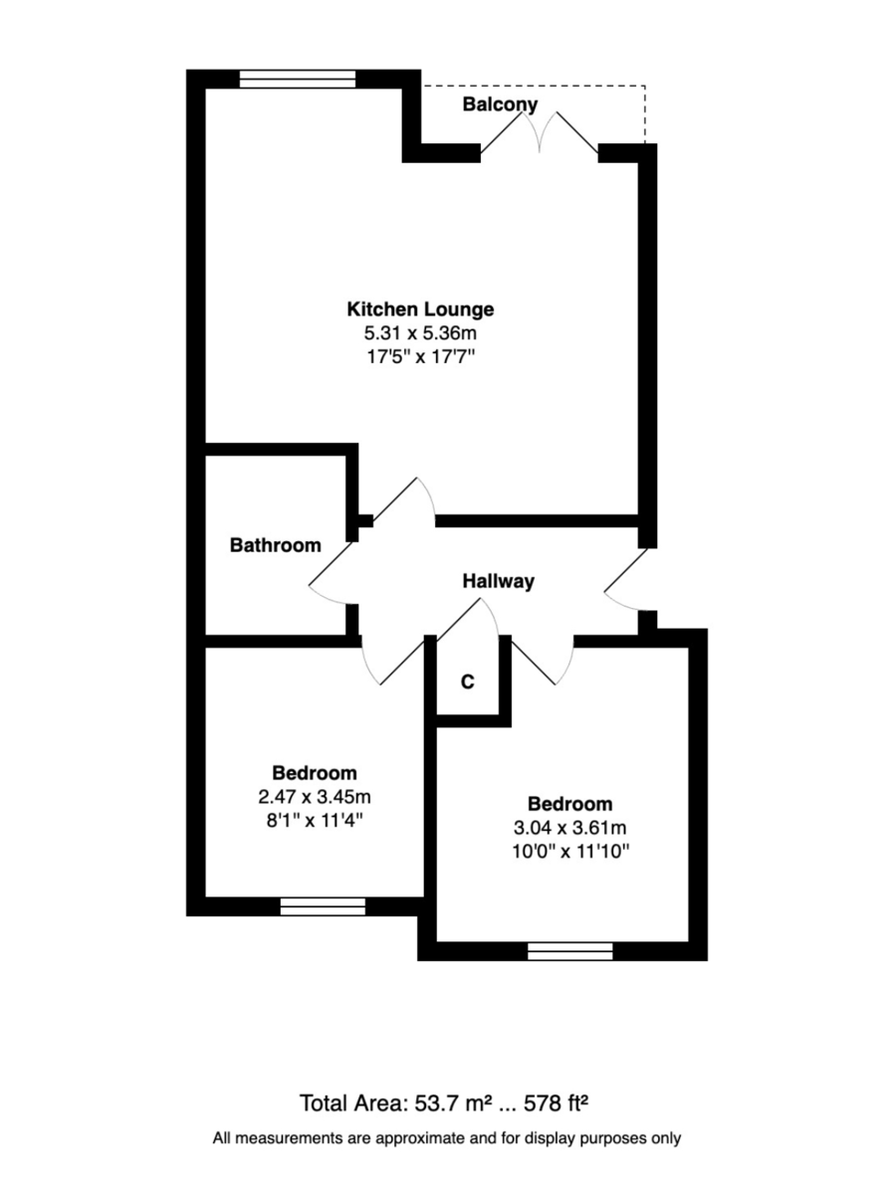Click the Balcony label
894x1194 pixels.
(x=500, y=104)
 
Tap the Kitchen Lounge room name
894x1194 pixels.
(x=420, y=308)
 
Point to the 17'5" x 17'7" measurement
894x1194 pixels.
(x=420, y=357)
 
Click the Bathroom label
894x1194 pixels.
(x=276, y=545)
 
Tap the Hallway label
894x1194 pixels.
(x=499, y=582)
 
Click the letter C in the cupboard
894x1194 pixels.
(x=467, y=683)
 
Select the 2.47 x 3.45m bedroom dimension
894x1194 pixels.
(x=315, y=797)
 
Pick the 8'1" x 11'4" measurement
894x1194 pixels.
(x=315, y=821)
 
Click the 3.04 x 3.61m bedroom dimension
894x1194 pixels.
(x=569, y=828)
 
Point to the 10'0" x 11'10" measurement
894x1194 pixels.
(x=569, y=852)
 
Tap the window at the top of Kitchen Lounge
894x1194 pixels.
(x=298, y=80)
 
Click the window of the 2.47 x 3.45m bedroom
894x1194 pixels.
(x=323, y=905)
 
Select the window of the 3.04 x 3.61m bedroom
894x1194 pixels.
(x=570, y=951)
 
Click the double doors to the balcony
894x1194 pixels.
(x=541, y=135)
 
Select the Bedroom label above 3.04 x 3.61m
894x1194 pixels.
(x=569, y=804)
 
